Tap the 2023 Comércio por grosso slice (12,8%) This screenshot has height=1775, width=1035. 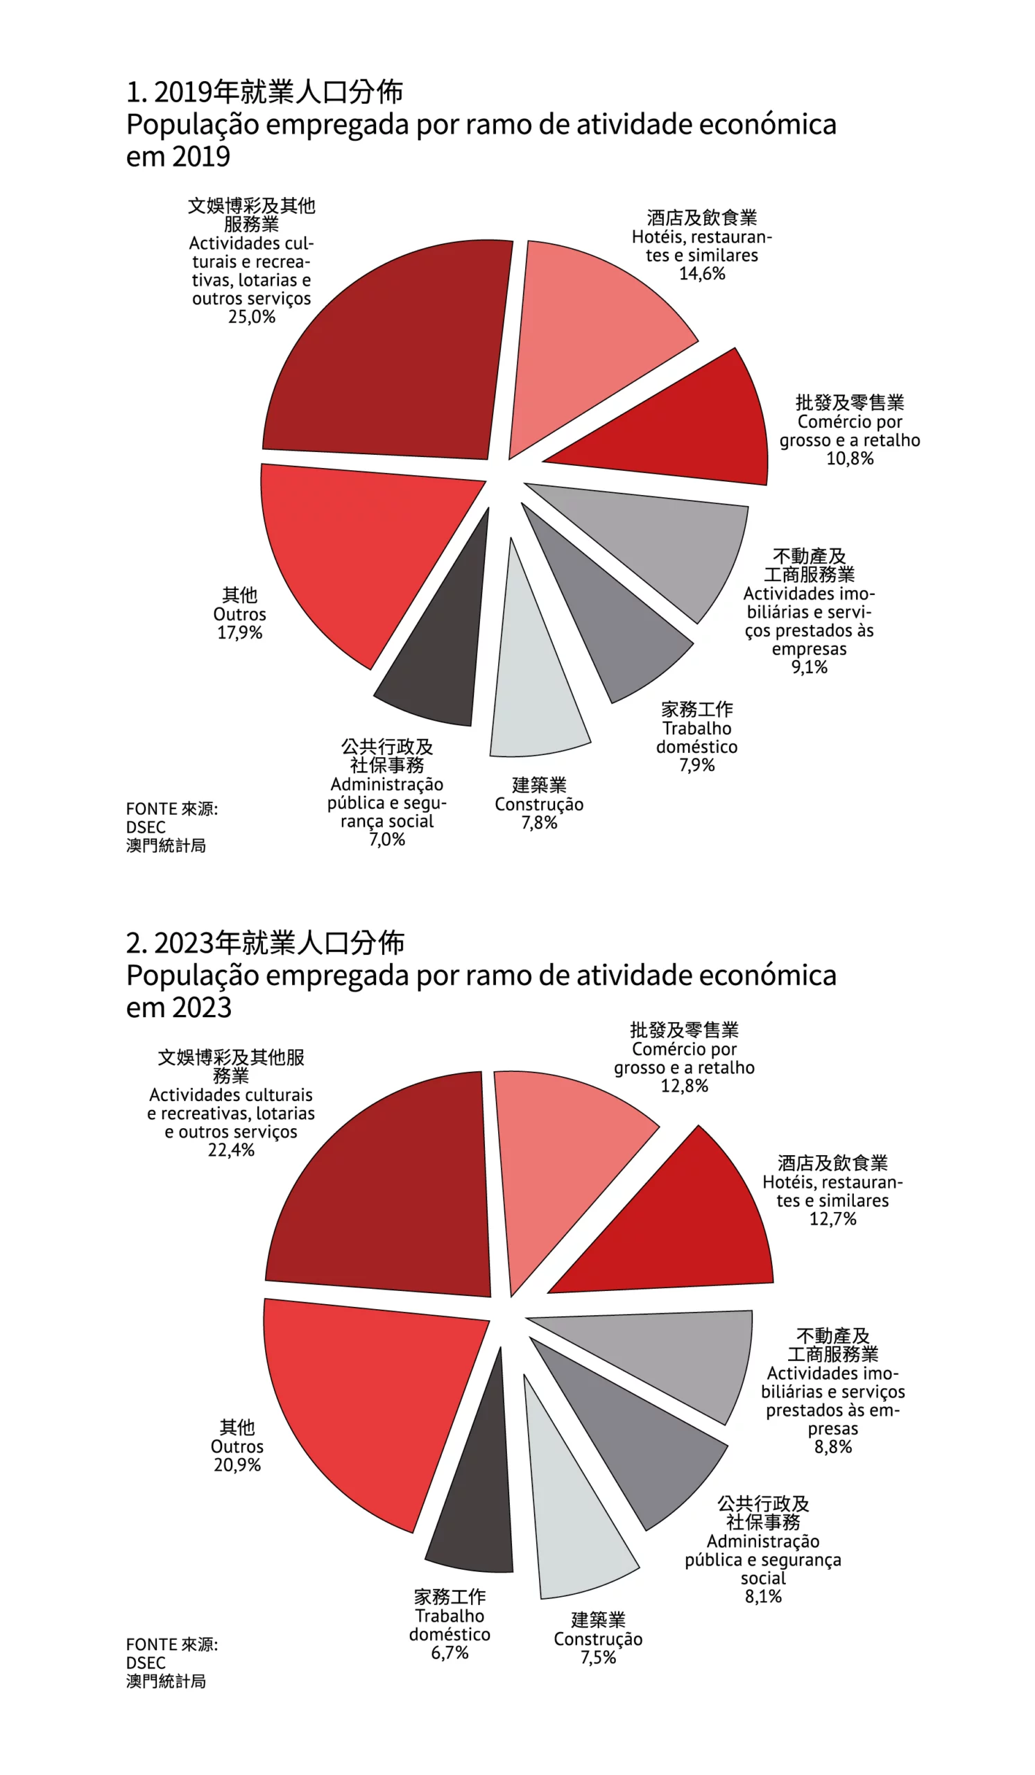[x=556, y=1155]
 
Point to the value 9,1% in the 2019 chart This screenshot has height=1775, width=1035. [x=809, y=667]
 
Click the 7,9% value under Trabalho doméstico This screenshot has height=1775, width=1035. [x=696, y=765]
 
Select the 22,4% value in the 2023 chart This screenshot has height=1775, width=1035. [x=231, y=1150]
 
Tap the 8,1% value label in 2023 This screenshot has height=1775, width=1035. [x=763, y=1596]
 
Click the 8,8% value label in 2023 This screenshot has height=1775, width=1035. [x=833, y=1447]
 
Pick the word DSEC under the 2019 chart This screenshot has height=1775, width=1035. [x=146, y=827]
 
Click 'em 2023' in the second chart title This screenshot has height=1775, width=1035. [x=179, y=1008]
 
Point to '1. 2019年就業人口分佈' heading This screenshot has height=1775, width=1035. [x=265, y=92]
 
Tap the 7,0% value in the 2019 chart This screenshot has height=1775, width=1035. [x=387, y=840]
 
